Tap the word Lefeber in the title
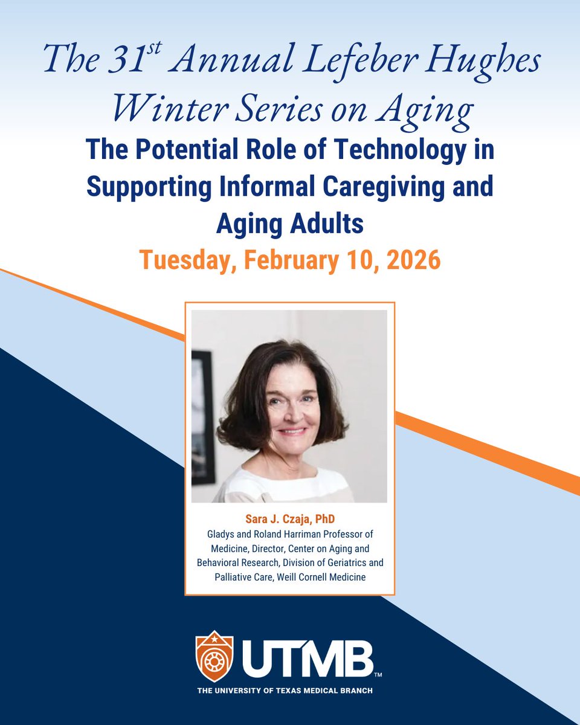tap(359, 60)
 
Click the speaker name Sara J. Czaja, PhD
tap(289, 520)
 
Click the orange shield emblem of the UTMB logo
tap(214, 656)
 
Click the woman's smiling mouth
tap(292, 432)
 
